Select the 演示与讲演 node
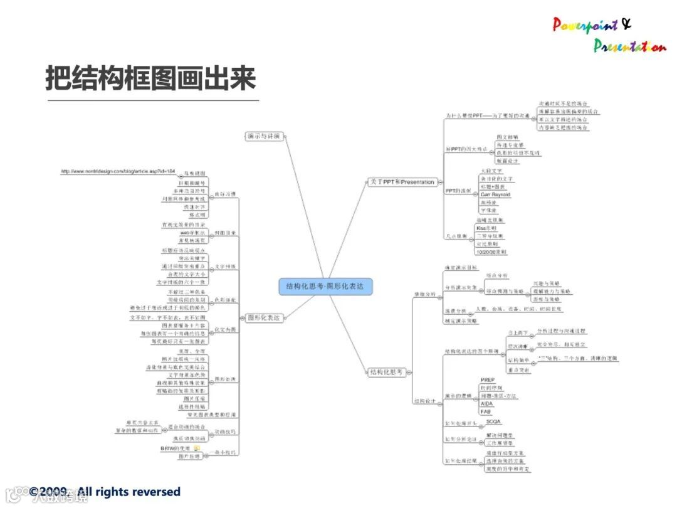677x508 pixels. [x=263, y=135]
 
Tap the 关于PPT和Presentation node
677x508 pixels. [x=401, y=182]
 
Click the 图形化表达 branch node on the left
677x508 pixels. [x=263, y=317]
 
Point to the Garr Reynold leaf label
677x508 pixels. [x=495, y=195]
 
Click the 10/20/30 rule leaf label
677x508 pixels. [x=491, y=251]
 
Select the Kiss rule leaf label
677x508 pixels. [x=486, y=228]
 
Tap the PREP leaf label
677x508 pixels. [x=487, y=380]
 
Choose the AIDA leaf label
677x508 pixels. [x=486, y=404]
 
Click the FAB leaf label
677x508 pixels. [x=485, y=412]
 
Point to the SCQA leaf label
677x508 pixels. [x=494, y=422]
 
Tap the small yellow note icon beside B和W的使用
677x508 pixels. [x=197, y=448]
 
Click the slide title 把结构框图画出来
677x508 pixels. [x=150, y=79]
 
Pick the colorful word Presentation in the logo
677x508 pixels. [x=629, y=46]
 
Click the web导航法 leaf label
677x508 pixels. [x=177, y=233]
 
